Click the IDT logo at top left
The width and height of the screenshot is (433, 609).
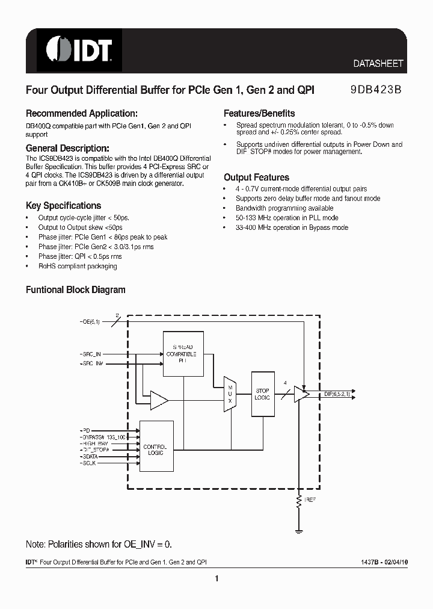click(80, 49)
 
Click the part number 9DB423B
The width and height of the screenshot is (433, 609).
click(376, 90)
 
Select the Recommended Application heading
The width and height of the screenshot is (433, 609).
click(82, 113)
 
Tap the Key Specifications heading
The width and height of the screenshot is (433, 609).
click(63, 205)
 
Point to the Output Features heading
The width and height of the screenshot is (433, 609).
click(256, 178)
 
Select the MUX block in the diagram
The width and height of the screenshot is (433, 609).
click(230, 395)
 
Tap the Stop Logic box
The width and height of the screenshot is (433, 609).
click(262, 395)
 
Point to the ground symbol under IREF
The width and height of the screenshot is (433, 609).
click(299, 531)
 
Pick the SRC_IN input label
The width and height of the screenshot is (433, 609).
click(91, 355)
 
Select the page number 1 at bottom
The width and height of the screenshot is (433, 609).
click(216, 579)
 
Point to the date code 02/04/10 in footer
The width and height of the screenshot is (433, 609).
click(392, 561)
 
